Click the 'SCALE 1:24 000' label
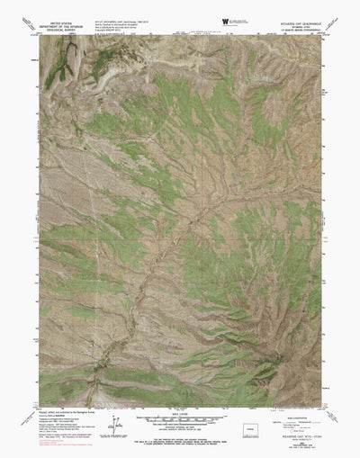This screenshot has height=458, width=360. click(x=180, y=413)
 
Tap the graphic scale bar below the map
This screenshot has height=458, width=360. click(x=180, y=420)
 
